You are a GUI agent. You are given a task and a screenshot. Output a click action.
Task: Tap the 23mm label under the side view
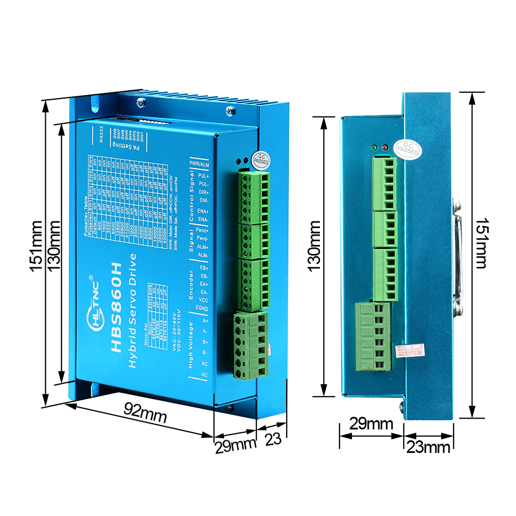tap(429, 447)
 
